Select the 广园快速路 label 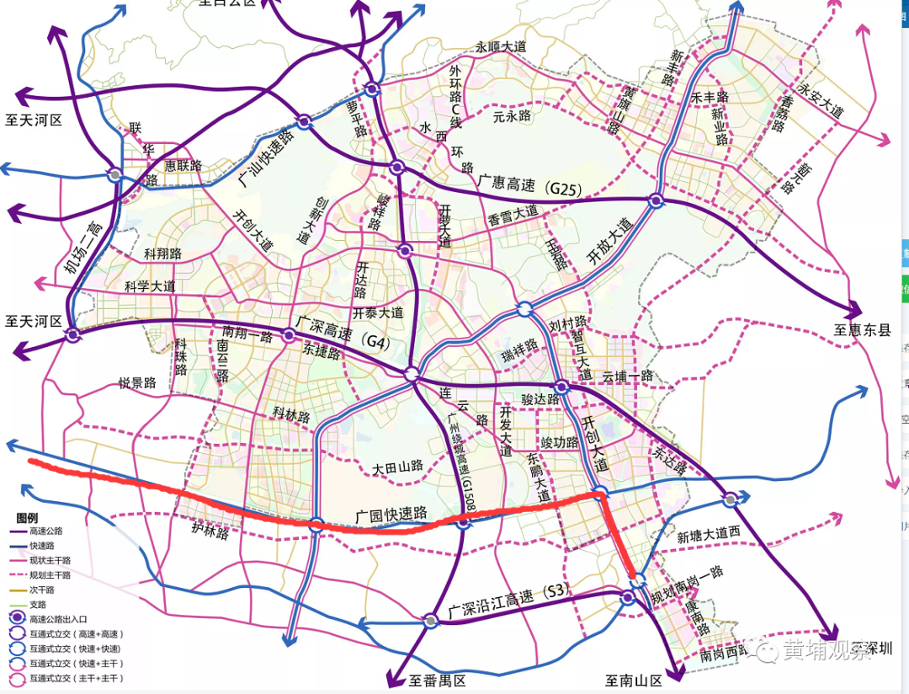click(x=391, y=514)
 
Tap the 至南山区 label click(x=634, y=680)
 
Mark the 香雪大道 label click(x=513, y=216)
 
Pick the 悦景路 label click(x=137, y=384)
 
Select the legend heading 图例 click(x=27, y=516)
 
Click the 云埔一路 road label click(x=627, y=376)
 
